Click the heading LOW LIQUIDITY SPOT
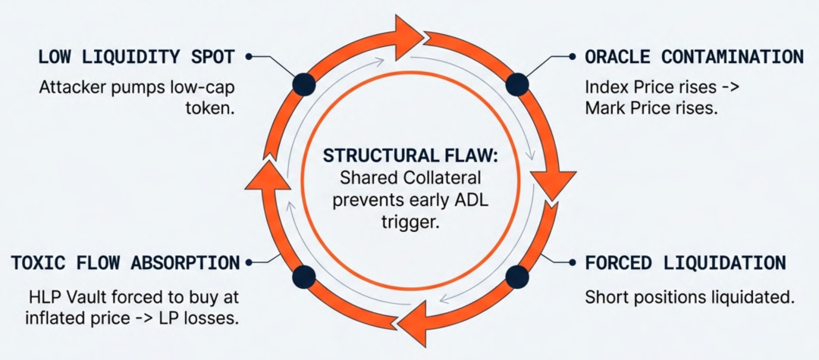[x=136, y=57]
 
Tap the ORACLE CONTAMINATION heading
[x=694, y=57]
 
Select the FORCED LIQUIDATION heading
[x=685, y=263]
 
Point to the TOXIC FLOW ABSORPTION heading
[x=125, y=263]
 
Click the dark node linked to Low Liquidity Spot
[x=304, y=83]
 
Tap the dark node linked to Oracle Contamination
[x=517, y=83]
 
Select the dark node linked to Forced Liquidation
[x=517, y=276]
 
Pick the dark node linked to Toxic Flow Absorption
[x=304, y=276]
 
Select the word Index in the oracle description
[x=603, y=87]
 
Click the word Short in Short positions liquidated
[x=604, y=297]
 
